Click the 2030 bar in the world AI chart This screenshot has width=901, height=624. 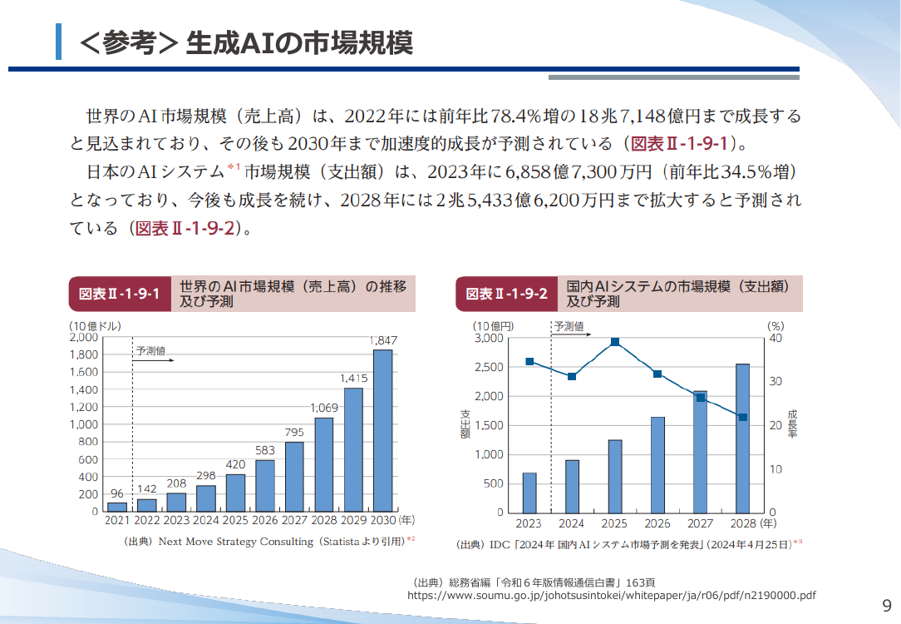pos(382,431)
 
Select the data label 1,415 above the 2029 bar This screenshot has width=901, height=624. pos(353,379)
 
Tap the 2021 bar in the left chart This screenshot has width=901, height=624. pos(117,508)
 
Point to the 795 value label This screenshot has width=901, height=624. pos(294,432)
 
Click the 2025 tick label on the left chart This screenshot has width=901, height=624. pos(235,521)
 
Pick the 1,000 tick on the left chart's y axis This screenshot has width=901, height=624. pos(84,424)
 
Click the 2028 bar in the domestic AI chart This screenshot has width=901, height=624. pos(742,438)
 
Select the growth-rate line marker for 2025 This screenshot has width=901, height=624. pos(615,342)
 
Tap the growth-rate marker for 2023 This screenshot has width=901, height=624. pos(529,362)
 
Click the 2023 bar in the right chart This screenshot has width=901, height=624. pos(529,493)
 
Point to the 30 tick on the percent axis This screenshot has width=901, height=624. pos(775,381)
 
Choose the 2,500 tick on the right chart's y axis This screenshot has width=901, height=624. pos(489,367)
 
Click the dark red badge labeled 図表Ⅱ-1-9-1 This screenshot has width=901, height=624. pos(120,294)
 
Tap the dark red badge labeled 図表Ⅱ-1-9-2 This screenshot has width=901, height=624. pos(507,294)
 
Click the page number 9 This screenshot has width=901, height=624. pos(887,606)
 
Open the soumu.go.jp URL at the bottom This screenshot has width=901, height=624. pos(612,595)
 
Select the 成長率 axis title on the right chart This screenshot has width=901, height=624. pos(792,423)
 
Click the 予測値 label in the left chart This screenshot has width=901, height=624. pos(150,351)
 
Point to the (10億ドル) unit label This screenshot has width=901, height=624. pos(96,326)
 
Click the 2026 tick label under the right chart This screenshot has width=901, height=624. pos(657,524)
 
